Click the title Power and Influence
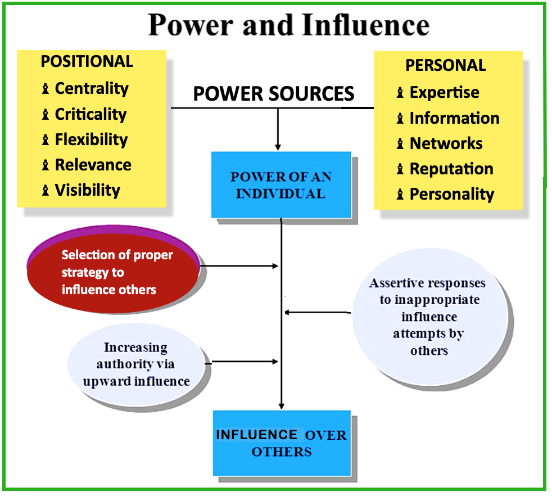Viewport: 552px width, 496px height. [288, 25]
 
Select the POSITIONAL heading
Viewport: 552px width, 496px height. [87, 61]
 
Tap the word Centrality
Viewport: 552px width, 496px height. [92, 88]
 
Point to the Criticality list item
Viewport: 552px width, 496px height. [91, 114]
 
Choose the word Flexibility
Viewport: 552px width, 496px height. [91, 139]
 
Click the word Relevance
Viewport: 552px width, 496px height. [93, 165]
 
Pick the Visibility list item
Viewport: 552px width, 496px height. [87, 190]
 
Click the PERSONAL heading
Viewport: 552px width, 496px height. [446, 65]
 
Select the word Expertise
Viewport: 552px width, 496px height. [444, 92]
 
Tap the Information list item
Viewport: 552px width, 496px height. [454, 118]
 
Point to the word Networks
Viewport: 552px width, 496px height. [446, 143]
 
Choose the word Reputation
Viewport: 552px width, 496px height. [451, 169]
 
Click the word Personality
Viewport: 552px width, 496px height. [451, 194]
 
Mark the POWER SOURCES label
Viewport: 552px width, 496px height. [274, 93]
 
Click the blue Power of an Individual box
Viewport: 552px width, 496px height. [281, 184]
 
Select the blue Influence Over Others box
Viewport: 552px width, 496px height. [282, 443]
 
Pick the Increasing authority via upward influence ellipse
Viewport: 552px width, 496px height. [136, 364]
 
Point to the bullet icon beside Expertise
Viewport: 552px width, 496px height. [400, 93]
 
